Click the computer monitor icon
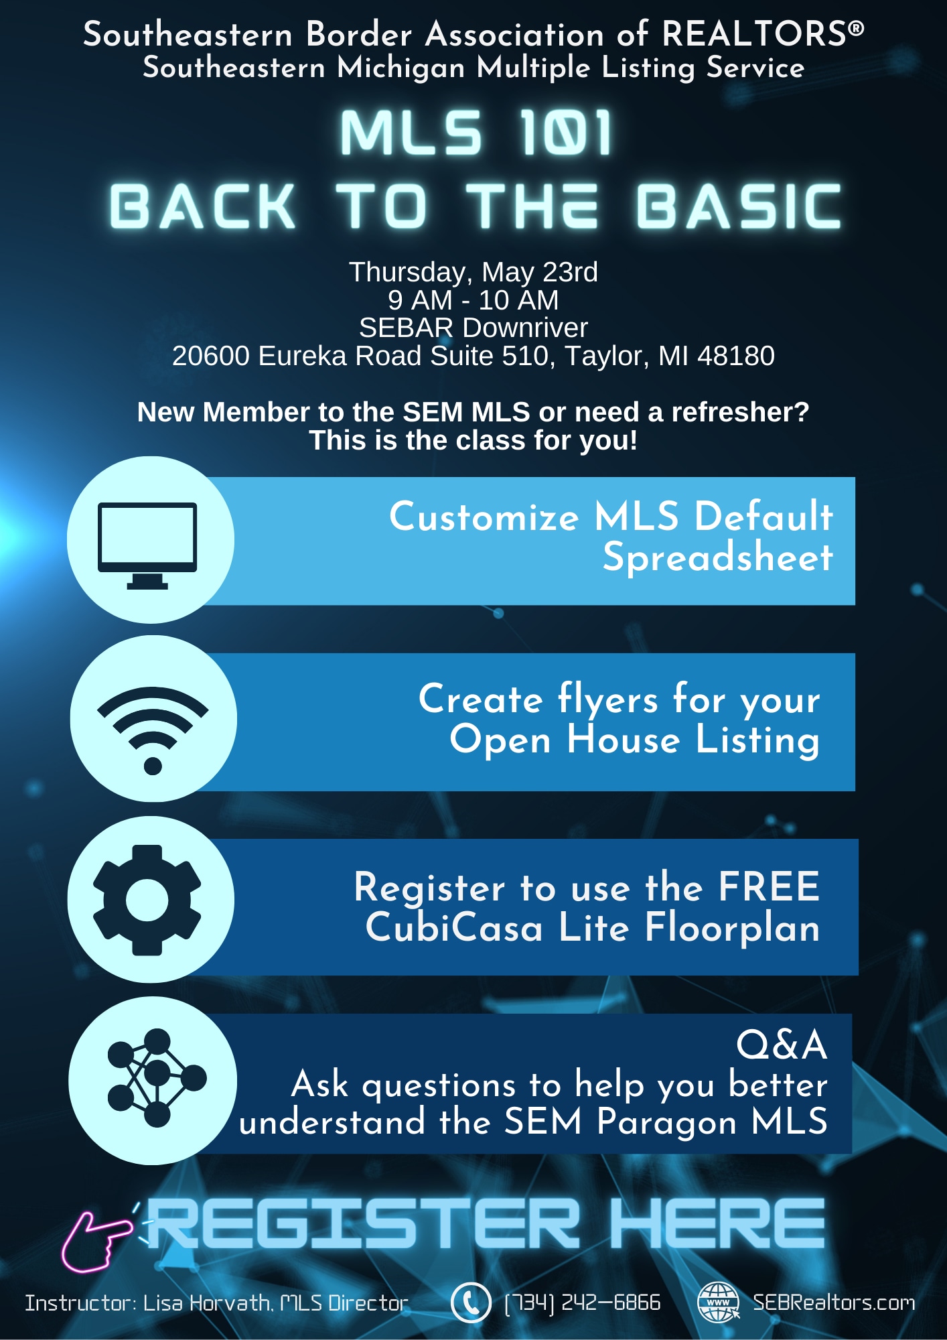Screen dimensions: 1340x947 coord(147,543)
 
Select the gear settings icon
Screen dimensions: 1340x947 coord(147,899)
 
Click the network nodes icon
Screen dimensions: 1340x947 coord(156,1077)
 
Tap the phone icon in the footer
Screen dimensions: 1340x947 coord(471,1302)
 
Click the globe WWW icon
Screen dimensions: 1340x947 coord(718,1302)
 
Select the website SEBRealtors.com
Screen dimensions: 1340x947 coord(834,1302)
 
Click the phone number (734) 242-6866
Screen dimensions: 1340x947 coord(583,1302)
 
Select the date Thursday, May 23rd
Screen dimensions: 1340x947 coord(473,272)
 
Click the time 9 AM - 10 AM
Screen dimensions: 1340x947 coord(473,300)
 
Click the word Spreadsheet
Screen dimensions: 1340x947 coord(717,557)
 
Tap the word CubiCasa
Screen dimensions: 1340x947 coord(453,928)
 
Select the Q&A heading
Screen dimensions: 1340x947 coord(782,1045)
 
